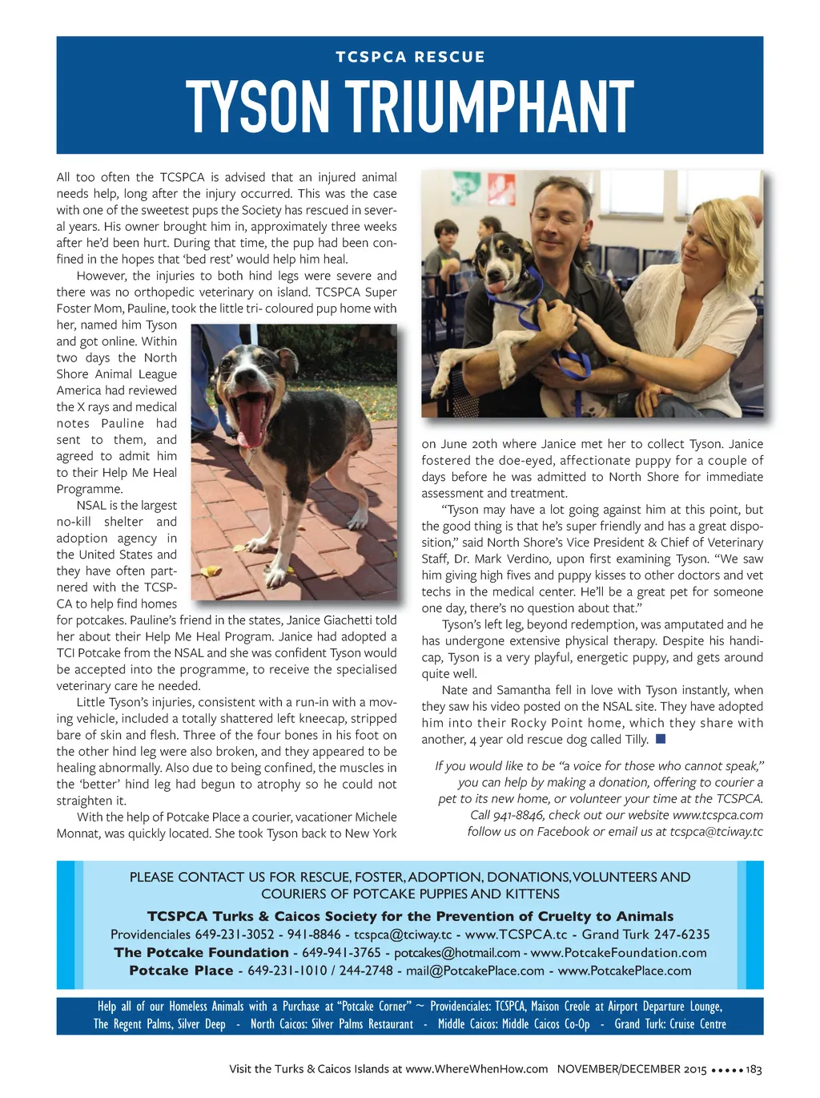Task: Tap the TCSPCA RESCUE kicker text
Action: (x=410, y=57)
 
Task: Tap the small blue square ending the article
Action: (x=661, y=739)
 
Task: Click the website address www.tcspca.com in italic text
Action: (x=717, y=815)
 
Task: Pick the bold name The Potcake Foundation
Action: (x=201, y=952)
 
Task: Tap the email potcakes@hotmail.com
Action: (x=457, y=953)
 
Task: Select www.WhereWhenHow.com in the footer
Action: (x=476, y=1069)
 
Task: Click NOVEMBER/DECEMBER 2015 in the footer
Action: (x=632, y=1069)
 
